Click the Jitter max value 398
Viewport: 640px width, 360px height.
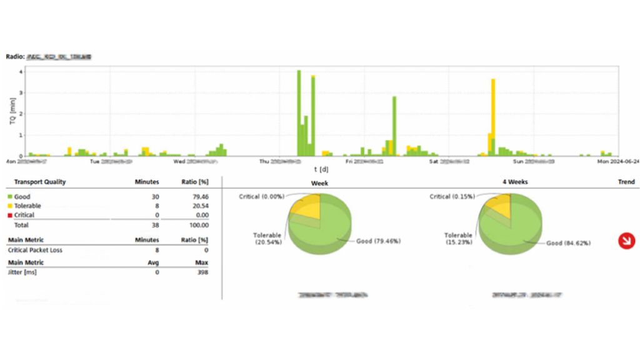tap(202, 272)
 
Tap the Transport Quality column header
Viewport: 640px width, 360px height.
tap(40, 182)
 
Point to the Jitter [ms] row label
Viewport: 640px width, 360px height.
tap(26, 272)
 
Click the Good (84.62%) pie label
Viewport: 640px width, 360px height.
tap(567, 243)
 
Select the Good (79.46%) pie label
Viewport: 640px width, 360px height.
tap(378, 241)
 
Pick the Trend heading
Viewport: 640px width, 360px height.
tap(626, 182)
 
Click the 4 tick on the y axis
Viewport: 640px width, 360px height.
tap(21, 72)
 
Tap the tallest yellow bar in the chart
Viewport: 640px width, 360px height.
tap(493, 106)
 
